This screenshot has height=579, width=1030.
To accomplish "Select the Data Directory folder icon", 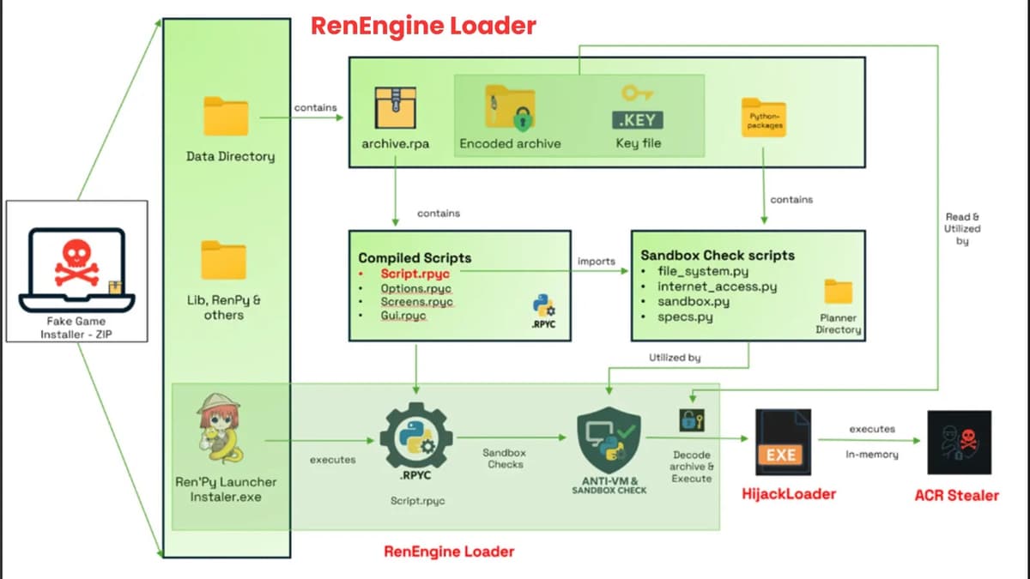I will [226, 118].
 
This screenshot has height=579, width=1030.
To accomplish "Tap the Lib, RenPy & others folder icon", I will [224, 260].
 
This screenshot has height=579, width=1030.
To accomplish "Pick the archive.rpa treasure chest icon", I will [395, 106].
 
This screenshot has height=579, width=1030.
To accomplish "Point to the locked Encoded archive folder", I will [510, 108].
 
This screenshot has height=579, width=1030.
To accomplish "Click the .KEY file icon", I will [638, 106].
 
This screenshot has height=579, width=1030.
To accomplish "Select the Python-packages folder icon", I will [762, 119].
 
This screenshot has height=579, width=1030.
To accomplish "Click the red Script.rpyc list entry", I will [415, 273].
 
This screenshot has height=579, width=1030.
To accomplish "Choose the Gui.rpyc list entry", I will [403, 316].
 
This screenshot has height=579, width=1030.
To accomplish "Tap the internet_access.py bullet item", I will [717, 286].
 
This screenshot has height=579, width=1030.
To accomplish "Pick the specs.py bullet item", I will [685, 317].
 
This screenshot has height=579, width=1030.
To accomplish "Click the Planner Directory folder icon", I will [838, 293].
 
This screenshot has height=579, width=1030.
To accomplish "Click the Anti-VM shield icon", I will [609, 440].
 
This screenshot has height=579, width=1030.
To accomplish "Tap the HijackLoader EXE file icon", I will [782, 443].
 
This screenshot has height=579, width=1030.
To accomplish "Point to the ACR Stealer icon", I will [959, 443].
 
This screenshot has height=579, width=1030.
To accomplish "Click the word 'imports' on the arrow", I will [595, 261].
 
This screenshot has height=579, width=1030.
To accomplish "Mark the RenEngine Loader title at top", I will [423, 26].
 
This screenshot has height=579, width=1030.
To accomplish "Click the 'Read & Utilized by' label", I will [962, 229].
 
